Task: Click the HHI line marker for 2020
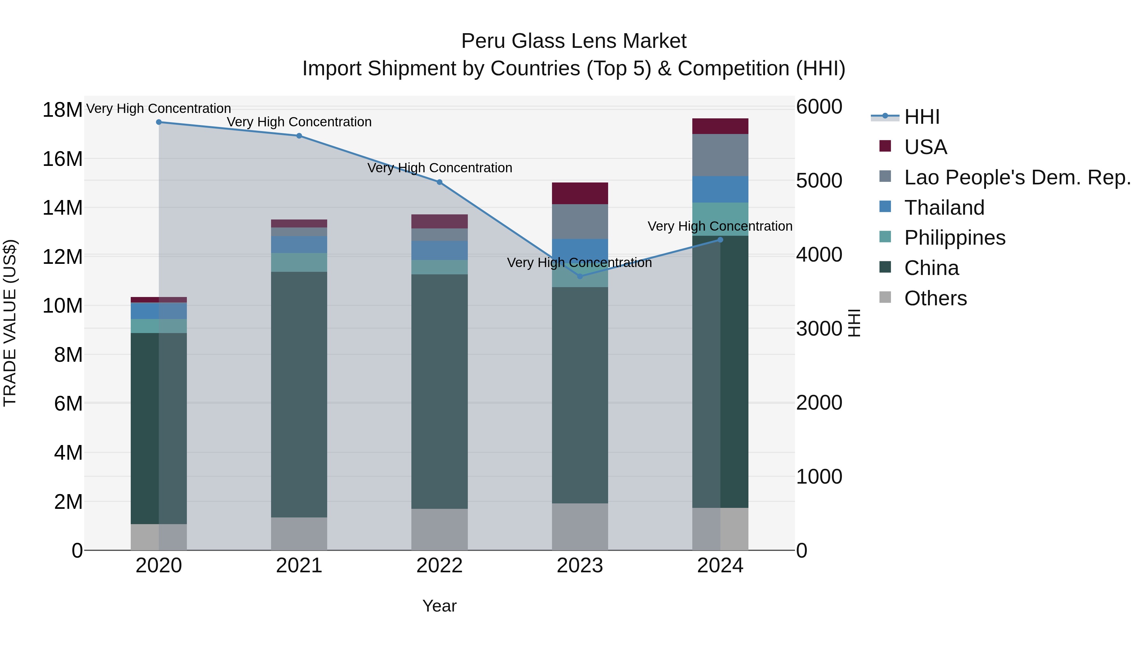click(159, 122)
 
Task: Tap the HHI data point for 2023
click(580, 276)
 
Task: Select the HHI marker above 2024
click(720, 240)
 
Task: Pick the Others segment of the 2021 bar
click(299, 534)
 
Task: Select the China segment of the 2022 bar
click(439, 391)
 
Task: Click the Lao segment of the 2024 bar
click(720, 155)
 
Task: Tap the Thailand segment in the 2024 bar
click(720, 189)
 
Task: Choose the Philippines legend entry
click(954, 238)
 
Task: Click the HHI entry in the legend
click(922, 117)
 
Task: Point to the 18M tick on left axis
click(63, 110)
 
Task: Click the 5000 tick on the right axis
click(819, 181)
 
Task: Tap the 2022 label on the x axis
click(439, 566)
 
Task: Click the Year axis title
click(439, 606)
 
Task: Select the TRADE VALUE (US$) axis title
click(10, 323)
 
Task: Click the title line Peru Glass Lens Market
click(574, 41)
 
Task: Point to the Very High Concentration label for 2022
click(439, 168)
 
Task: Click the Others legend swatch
click(885, 297)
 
